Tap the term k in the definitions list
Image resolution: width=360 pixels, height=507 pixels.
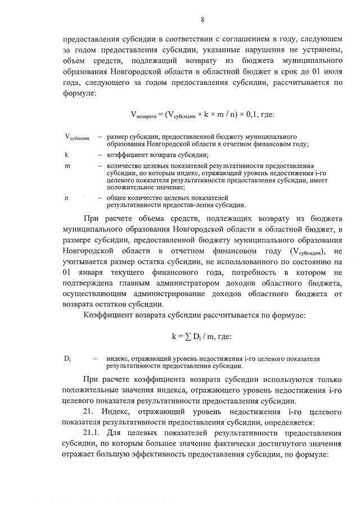[x=67, y=154]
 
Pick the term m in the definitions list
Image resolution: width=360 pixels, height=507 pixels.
[x=67, y=166]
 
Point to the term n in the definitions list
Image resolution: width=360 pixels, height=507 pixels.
[x=67, y=198]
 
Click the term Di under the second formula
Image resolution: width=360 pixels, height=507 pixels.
[x=68, y=359]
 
